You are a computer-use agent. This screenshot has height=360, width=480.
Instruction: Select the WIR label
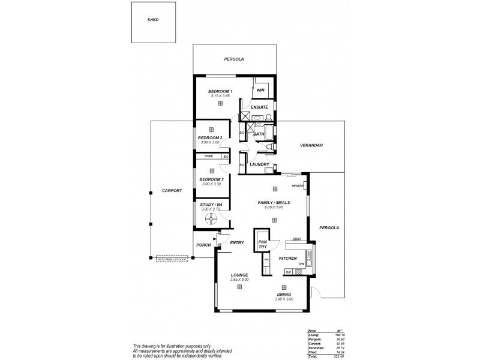[260, 91]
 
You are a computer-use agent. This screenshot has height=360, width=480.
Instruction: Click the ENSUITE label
[259, 107]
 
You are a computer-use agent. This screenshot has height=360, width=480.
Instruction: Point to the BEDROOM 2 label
[210, 137]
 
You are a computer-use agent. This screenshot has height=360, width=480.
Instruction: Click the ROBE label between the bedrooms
[209, 157]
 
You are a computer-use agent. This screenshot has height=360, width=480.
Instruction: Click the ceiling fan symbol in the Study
[211, 220]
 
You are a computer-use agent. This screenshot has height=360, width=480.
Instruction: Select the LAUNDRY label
[259, 164]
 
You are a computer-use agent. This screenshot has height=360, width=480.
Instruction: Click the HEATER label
[298, 186]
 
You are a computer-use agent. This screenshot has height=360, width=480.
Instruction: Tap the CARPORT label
[172, 191]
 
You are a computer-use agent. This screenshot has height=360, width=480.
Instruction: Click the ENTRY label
[236, 242]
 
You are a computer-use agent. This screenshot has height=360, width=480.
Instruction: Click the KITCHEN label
[288, 258]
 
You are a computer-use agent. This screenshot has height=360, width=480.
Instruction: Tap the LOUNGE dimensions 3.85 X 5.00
[239, 280]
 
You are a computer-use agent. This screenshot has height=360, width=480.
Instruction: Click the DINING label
[284, 295]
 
